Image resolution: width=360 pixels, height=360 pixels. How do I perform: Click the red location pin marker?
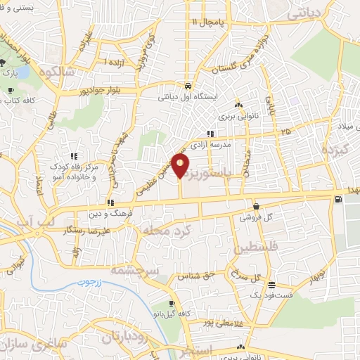181,166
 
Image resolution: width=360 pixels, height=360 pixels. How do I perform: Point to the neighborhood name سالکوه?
58,72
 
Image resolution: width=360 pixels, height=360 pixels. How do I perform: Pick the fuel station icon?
340,199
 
